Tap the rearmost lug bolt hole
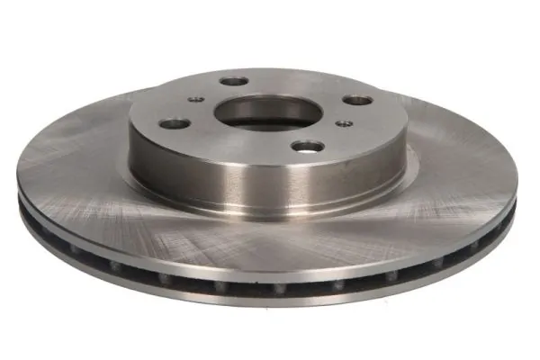tap(233, 82)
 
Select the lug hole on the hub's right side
tap(357, 100)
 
